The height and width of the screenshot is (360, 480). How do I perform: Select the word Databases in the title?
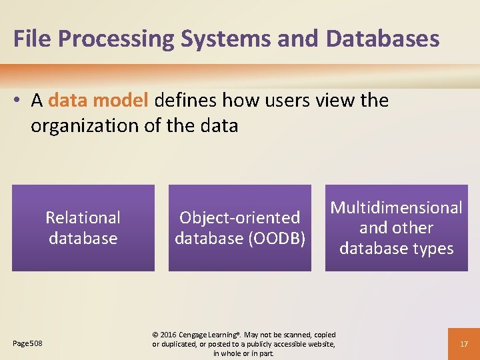[383, 39]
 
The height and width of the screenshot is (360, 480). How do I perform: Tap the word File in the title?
[32, 39]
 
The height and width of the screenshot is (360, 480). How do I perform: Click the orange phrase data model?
[99, 101]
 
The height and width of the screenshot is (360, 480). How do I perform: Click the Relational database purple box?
[83, 228]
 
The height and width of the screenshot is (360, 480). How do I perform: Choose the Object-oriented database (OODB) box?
[240, 228]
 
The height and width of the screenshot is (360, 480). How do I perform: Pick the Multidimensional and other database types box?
[397, 228]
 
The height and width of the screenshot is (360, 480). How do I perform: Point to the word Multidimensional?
[397, 207]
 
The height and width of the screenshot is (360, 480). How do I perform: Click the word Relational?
[83, 217]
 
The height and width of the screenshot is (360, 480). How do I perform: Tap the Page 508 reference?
[28, 343]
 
